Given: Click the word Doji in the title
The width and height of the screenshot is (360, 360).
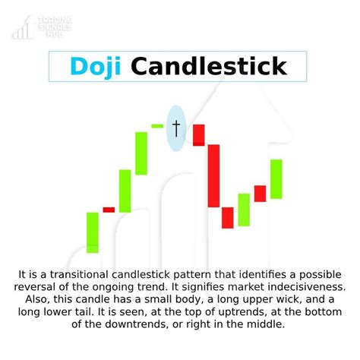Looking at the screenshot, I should coord(97,66).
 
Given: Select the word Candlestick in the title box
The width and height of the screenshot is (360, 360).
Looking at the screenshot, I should coord(209,66).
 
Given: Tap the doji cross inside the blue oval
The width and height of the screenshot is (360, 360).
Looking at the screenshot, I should coord(176,128).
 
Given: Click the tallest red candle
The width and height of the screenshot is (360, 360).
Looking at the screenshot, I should coord(213,175).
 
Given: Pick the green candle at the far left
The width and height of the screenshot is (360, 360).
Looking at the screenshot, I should coord(92,232).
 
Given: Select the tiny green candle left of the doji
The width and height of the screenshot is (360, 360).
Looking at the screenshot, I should coord(157,125).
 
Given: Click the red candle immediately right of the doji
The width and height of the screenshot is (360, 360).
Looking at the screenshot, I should coord(199,134).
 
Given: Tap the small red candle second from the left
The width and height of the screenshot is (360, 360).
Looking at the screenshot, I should coord(109,210).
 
